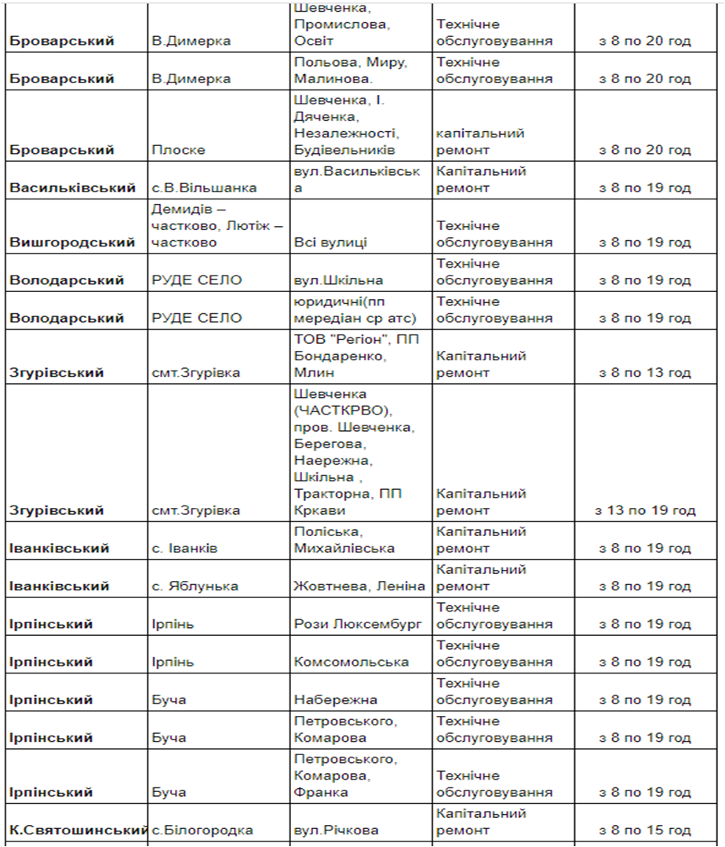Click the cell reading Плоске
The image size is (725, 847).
coord(168,150)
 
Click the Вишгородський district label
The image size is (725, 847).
coord(72,243)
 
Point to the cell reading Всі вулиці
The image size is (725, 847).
coord(330,243)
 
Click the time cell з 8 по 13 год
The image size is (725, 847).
coord(644,372)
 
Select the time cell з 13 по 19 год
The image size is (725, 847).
coord(645,510)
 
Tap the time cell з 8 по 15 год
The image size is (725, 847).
coord(644,830)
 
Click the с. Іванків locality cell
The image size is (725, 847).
coord(184,548)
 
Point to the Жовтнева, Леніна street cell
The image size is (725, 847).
coord(359,586)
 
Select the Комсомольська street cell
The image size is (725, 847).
coord(351,662)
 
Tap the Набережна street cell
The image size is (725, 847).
coord(335,699)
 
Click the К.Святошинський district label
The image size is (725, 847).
coord(78,830)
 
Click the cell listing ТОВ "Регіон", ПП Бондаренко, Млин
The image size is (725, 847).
coord(357,356)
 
